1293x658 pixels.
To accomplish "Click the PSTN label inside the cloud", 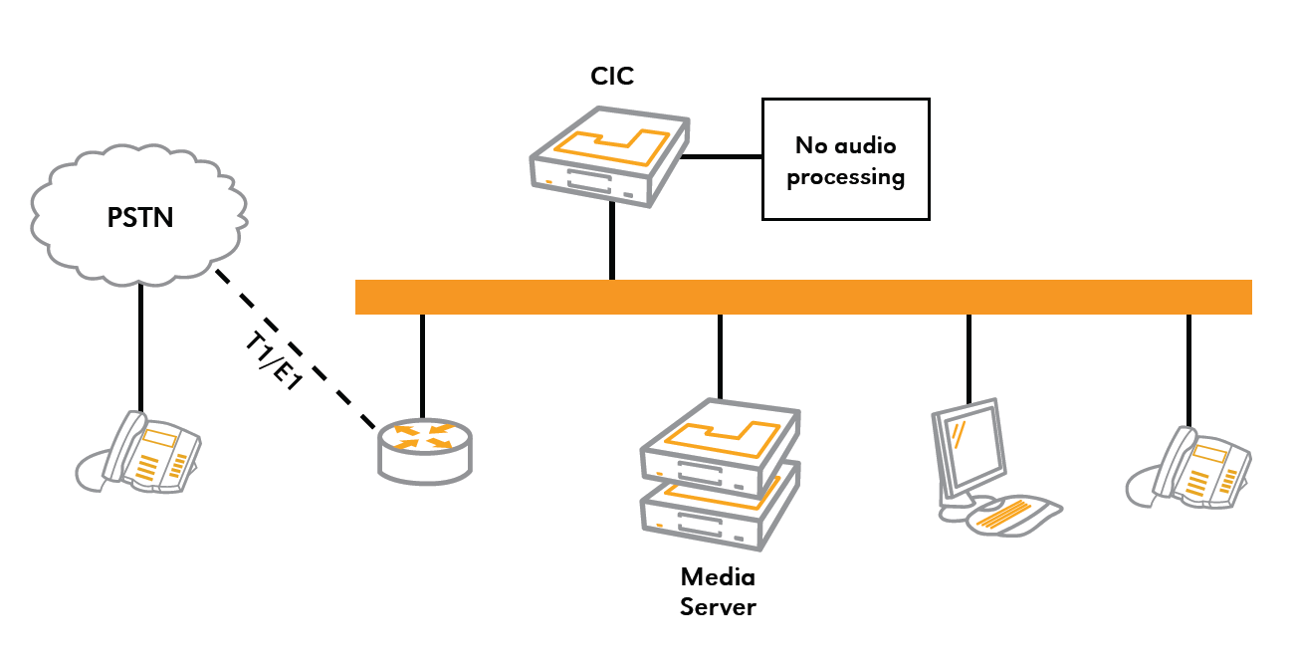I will [x=140, y=217].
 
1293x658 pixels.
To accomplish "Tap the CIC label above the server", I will [x=612, y=77].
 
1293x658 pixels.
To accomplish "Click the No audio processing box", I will [x=845, y=158].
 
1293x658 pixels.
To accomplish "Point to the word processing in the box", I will [x=845, y=177].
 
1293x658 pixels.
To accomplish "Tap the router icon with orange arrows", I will [x=426, y=449].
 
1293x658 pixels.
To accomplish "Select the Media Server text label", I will [x=718, y=591].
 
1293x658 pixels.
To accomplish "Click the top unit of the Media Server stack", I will [x=721, y=442].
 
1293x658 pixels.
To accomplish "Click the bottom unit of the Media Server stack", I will [x=719, y=513].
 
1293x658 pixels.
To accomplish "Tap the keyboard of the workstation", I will [x=1015, y=513].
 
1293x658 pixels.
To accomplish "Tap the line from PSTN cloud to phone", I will [x=140, y=343].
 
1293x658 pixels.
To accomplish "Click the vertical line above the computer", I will [x=969, y=359].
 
